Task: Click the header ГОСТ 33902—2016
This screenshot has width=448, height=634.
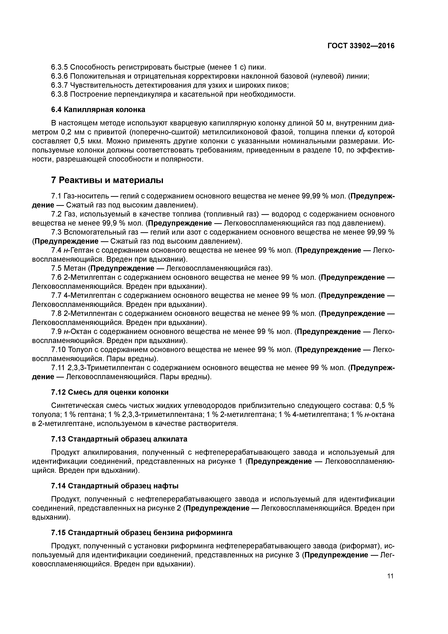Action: (361, 46)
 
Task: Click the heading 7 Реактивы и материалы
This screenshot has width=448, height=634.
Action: (107, 180)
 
